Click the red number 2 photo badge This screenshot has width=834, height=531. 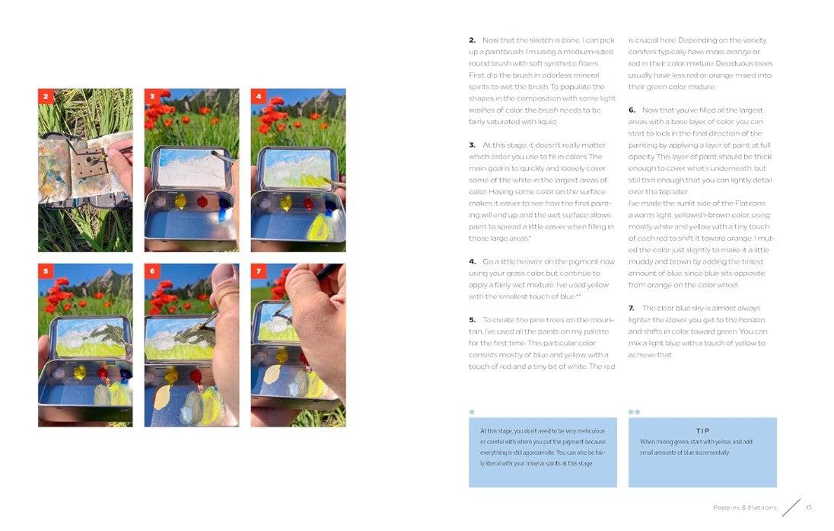pyautogui.click(x=46, y=97)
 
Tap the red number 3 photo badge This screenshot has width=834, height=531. pyautogui.click(x=152, y=97)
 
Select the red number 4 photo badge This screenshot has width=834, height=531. pyautogui.click(x=259, y=97)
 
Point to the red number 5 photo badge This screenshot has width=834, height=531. pyautogui.click(x=46, y=271)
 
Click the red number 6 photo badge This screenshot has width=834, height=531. pyautogui.click(x=152, y=271)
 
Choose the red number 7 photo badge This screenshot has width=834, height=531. pyautogui.click(x=259, y=271)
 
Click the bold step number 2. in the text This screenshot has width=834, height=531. pyautogui.click(x=473, y=40)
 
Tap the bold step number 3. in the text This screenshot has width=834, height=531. pyautogui.click(x=473, y=145)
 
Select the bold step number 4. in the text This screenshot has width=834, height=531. pyautogui.click(x=473, y=261)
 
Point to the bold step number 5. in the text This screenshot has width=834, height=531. pyautogui.click(x=473, y=319)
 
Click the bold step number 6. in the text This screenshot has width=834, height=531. pyautogui.click(x=632, y=110)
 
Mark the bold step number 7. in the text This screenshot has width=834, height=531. pyautogui.click(x=632, y=308)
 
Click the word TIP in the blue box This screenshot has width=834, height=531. pyautogui.click(x=702, y=430)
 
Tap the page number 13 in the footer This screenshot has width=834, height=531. pyautogui.click(x=808, y=507)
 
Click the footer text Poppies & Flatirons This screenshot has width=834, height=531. pyautogui.click(x=745, y=507)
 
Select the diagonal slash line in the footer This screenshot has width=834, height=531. pyautogui.click(x=791, y=507)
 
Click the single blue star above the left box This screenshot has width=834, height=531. pyautogui.click(x=472, y=411)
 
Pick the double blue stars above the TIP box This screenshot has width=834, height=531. pyautogui.click(x=634, y=411)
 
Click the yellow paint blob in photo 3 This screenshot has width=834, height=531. pyautogui.click(x=181, y=201)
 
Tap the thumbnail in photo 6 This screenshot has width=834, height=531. pyautogui.click(x=224, y=275)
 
